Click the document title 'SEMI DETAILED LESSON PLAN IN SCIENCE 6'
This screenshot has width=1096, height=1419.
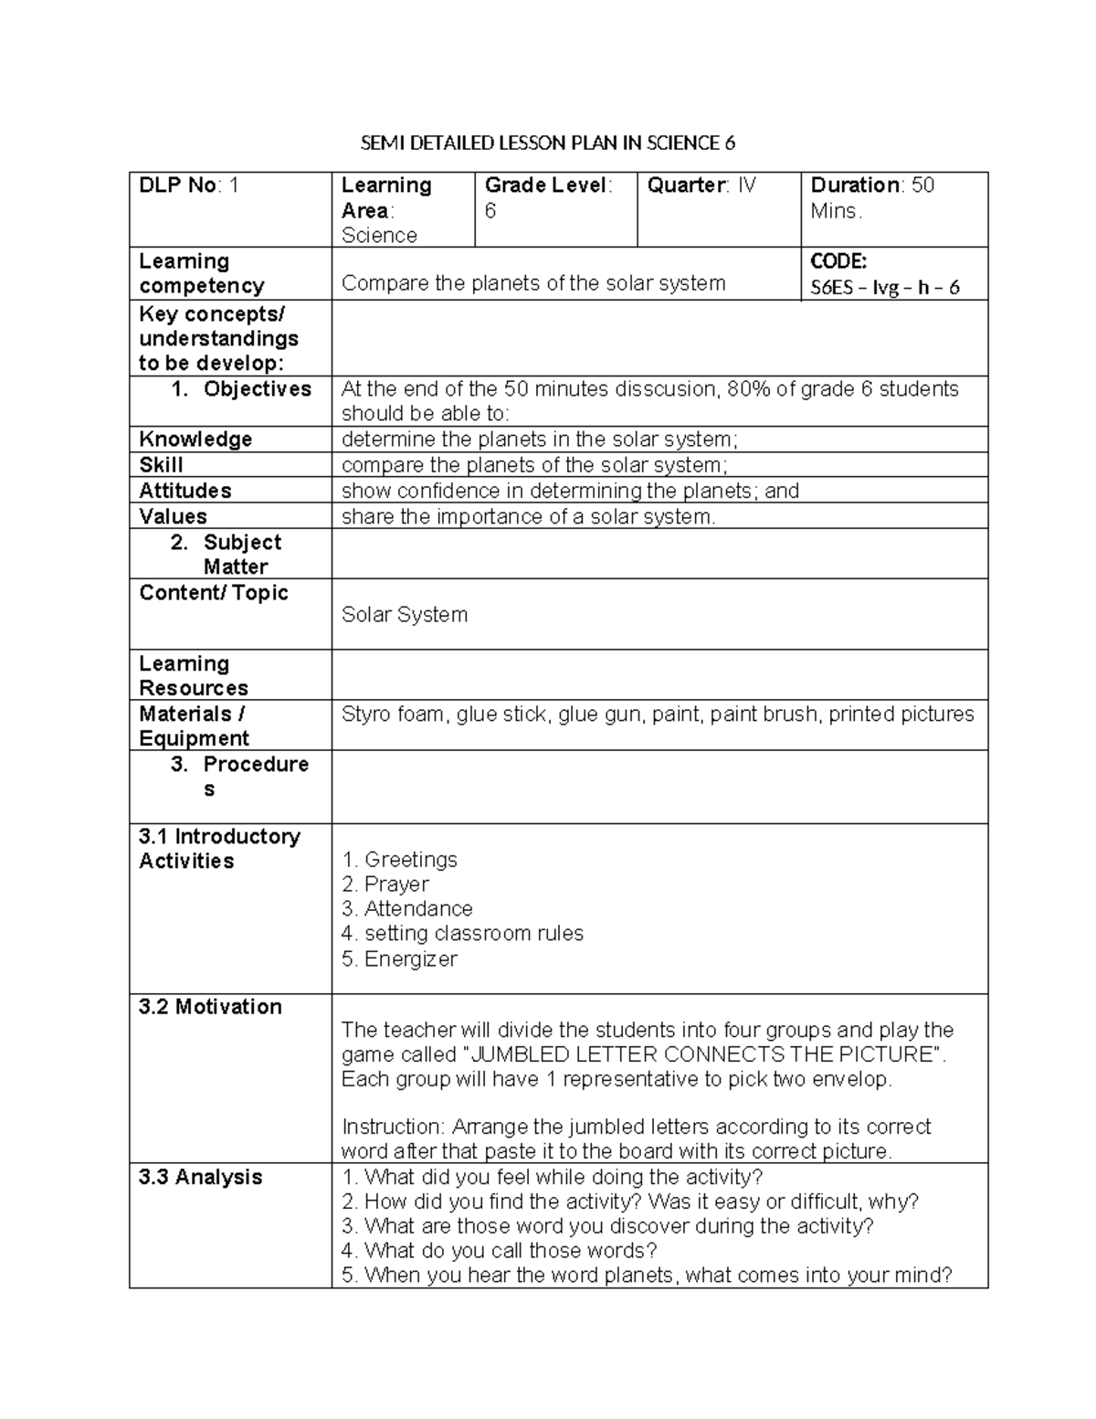tap(548, 143)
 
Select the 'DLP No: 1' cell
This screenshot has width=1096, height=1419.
tap(188, 185)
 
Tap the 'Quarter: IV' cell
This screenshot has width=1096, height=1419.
tap(701, 185)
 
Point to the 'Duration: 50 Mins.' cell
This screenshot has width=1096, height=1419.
tap(871, 197)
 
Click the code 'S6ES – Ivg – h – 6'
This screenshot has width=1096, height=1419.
tap(884, 288)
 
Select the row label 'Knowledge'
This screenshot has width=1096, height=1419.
tap(195, 439)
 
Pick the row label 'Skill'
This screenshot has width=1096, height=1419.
tap(161, 465)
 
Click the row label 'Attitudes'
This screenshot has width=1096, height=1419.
tap(185, 491)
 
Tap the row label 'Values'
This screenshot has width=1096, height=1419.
tap(173, 516)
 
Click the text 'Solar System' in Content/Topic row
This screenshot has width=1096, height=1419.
tap(404, 615)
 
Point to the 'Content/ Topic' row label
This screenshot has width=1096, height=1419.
tap(214, 593)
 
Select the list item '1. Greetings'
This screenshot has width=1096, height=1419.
tap(399, 860)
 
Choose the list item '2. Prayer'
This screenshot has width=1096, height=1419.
tap(385, 884)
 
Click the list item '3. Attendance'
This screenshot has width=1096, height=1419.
tap(406, 909)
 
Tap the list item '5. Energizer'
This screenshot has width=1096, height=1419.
tap(399, 959)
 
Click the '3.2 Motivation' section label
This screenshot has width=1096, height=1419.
tap(210, 1007)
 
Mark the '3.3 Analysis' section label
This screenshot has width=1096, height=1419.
tap(200, 1177)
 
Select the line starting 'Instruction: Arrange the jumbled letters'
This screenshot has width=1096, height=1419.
tap(636, 1127)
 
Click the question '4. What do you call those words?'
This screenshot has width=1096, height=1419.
tap(499, 1251)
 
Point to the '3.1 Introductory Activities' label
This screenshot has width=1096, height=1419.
tap(219, 849)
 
